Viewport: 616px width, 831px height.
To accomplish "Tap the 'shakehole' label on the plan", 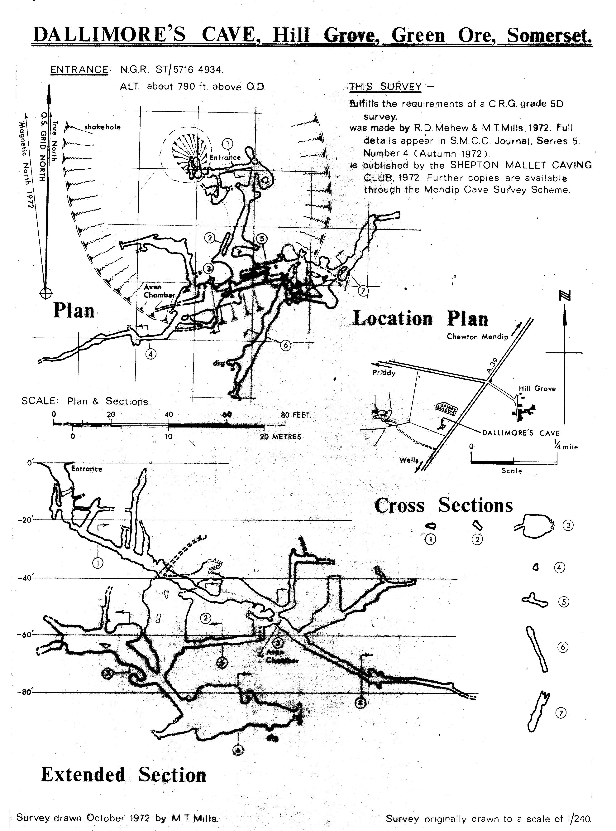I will click(x=102, y=127).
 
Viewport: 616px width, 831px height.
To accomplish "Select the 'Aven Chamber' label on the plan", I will click(x=159, y=291).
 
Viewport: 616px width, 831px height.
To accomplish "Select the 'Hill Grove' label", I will click(x=537, y=389).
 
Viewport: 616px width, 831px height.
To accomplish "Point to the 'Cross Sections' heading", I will click(x=444, y=506).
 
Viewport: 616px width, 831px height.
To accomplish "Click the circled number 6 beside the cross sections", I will click(x=563, y=647).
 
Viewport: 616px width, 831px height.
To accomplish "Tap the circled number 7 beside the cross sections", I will click(x=561, y=713).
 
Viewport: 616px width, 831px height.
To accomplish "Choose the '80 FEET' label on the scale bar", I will click(x=295, y=415).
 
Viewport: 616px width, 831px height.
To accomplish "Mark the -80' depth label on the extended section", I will click(x=25, y=692).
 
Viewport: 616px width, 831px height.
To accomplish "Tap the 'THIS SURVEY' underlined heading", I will click(x=385, y=87).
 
